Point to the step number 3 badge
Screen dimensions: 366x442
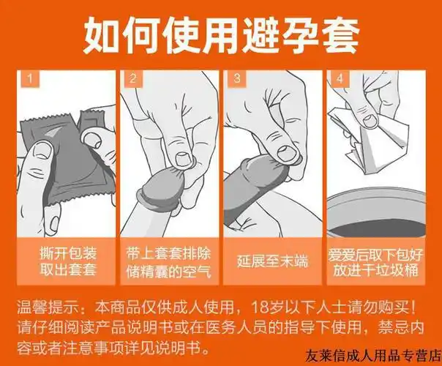click(x=236, y=78)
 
